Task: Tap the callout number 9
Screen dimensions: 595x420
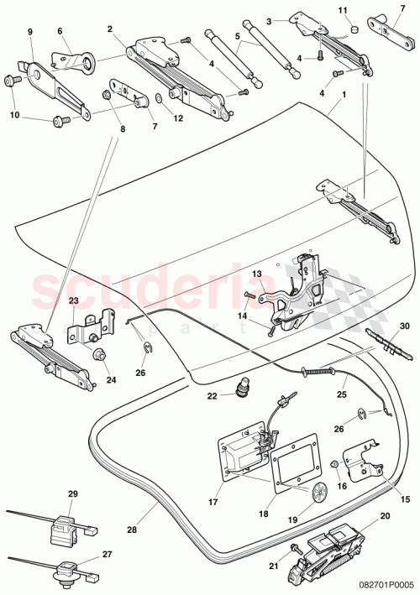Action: [30, 31]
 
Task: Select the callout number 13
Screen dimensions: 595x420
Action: [258, 274]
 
